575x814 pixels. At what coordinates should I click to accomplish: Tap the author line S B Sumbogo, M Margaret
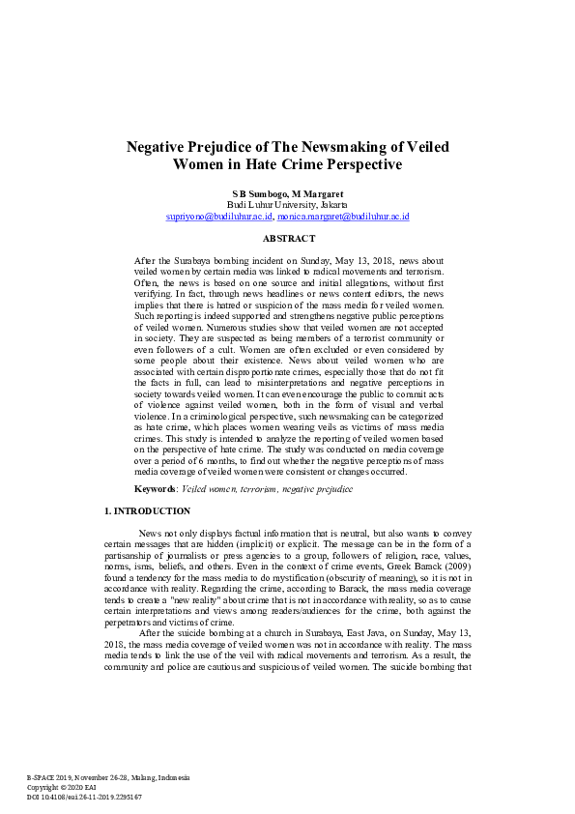pyautogui.click(x=287, y=193)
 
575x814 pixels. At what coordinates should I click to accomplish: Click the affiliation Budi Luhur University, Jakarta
pyautogui.click(x=287, y=205)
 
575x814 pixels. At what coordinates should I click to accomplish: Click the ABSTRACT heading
pyautogui.click(x=288, y=238)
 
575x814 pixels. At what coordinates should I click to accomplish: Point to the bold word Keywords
pyautogui.click(x=155, y=489)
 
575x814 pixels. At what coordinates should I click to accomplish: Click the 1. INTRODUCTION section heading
pyautogui.click(x=146, y=510)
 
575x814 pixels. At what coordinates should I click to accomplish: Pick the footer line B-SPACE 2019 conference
pyautogui.click(x=107, y=777)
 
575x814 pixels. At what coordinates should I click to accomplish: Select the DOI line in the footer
pyautogui.click(x=84, y=797)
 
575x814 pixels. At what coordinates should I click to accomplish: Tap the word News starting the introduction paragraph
pyautogui.click(x=150, y=534)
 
